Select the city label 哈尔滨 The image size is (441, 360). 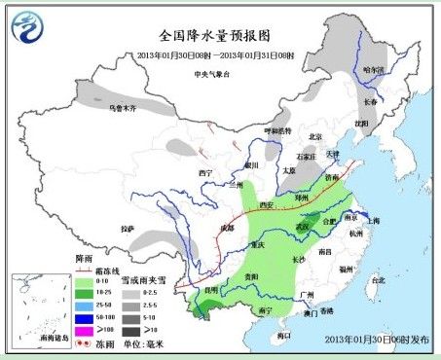pos(374,69)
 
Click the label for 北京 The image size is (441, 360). pos(313,136)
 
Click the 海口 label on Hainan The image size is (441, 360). pos(284,334)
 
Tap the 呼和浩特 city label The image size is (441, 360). pos(277,130)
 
